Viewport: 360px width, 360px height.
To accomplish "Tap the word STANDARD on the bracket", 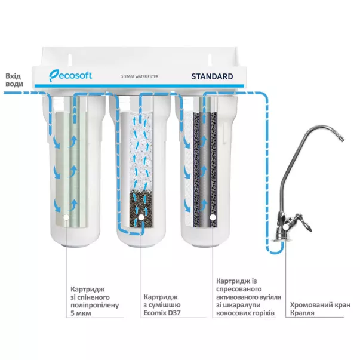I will pos(212,77).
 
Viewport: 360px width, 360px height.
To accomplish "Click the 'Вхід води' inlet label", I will pos(14,80).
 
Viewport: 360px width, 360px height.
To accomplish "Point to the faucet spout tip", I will pos(341,140).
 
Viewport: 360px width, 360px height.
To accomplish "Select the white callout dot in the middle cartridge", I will pos(141,219).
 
